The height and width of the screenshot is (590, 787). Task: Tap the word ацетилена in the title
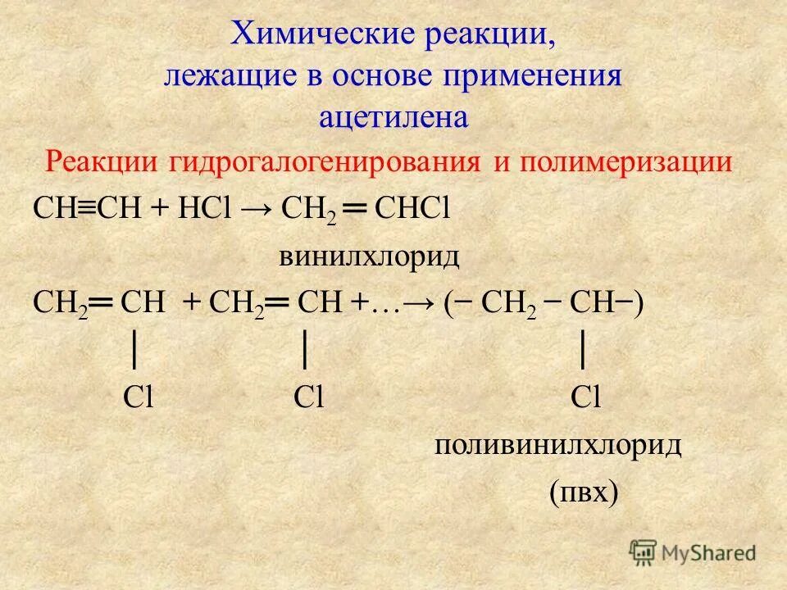click(393, 117)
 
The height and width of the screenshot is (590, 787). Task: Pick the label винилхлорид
click(369, 258)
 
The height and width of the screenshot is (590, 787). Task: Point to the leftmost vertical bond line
click(134, 350)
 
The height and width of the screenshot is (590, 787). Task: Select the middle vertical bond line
click(304, 350)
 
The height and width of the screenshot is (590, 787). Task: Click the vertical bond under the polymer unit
click(582, 350)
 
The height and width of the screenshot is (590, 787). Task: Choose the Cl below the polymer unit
click(587, 398)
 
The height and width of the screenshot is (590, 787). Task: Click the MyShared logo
click(693, 552)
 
